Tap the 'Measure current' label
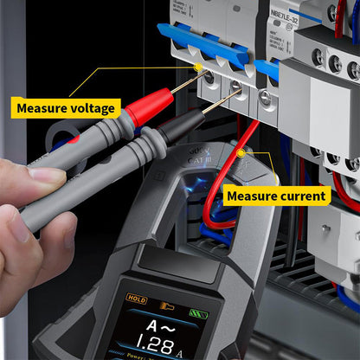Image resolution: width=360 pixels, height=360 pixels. tap(277, 196)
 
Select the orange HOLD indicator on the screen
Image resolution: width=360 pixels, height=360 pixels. tap(137, 299)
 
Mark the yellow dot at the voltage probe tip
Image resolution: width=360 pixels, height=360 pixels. tap(198, 67)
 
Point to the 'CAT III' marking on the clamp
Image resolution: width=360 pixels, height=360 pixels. tap(198, 156)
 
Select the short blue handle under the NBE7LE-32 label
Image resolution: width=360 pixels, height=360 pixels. tap(268, 70)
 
